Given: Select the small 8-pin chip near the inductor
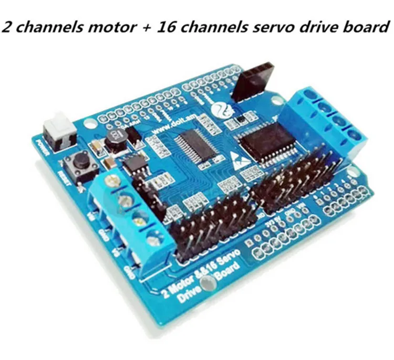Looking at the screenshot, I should [132, 167].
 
